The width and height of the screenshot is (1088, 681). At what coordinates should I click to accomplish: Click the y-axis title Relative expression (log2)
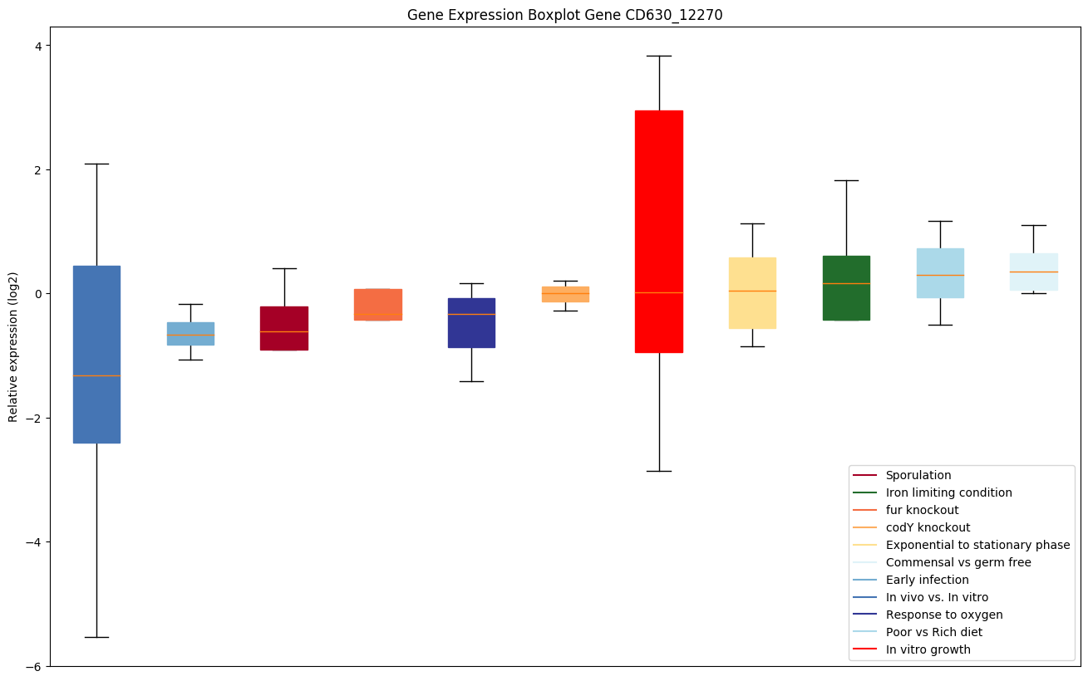12,346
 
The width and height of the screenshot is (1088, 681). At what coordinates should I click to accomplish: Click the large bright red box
659,208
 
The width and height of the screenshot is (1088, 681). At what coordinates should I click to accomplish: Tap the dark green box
846,287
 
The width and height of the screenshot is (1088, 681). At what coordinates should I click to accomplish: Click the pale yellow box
752,316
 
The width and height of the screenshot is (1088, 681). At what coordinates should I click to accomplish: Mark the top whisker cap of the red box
659,56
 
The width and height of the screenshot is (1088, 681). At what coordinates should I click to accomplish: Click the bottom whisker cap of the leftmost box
96,637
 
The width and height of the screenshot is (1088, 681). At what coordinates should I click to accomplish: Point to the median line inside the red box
659,292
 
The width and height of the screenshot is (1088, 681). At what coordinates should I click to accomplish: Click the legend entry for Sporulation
918,475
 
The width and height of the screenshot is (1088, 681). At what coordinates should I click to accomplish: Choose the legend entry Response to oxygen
943,615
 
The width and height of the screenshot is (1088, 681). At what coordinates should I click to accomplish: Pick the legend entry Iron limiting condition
948,492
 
